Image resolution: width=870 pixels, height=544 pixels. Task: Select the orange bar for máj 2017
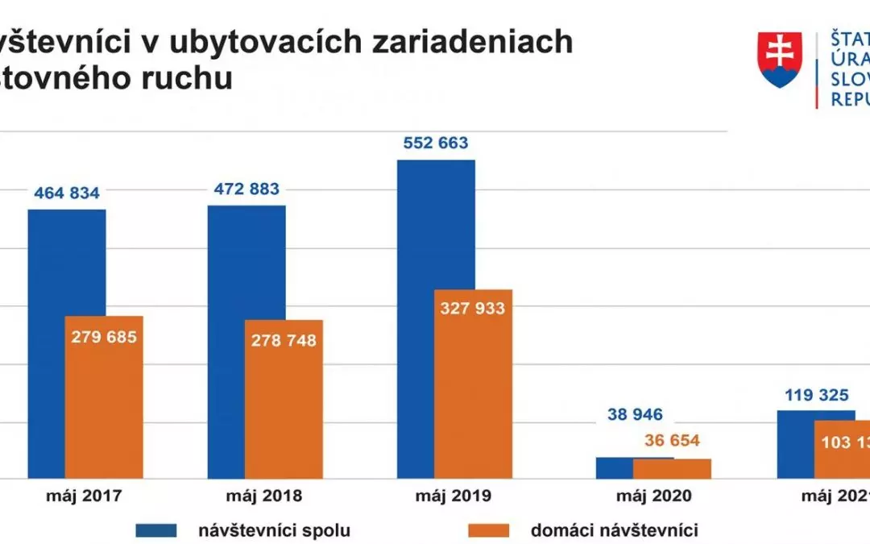click(x=104, y=403)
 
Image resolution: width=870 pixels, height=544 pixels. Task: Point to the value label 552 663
click(x=435, y=143)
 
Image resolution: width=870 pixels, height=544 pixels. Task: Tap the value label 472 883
click(x=246, y=189)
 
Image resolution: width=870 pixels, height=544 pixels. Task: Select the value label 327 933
click(x=472, y=309)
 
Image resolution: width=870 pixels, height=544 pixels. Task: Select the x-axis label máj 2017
click(x=83, y=495)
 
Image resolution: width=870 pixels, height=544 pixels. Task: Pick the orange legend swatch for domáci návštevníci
click(x=488, y=529)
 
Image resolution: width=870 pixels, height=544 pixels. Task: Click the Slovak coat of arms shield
click(x=779, y=60)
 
